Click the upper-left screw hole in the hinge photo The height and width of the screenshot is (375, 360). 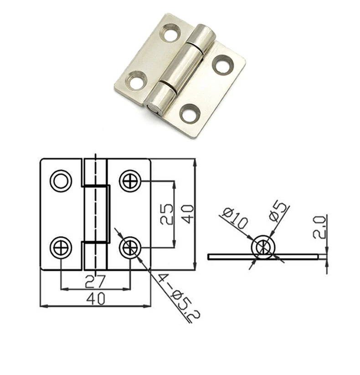[x=171, y=32]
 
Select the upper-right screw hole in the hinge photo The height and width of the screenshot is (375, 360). [x=223, y=65]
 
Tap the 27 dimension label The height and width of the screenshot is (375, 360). [x=95, y=281]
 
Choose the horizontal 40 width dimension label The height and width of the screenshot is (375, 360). [x=96, y=299]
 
